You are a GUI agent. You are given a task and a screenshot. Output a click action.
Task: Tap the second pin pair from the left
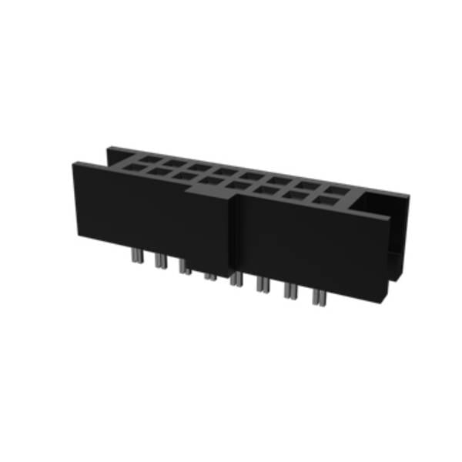[160, 262]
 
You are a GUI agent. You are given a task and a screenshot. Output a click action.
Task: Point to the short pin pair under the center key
[209, 278]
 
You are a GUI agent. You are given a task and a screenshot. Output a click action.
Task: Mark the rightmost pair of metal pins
[318, 297]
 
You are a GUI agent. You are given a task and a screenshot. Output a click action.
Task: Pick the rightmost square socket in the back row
[336, 190]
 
